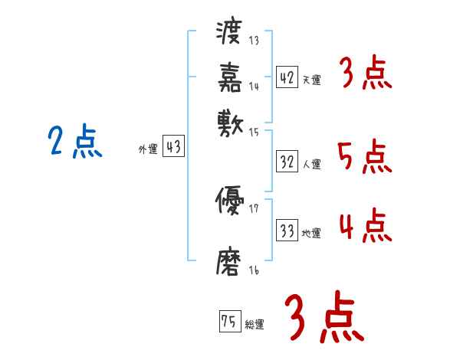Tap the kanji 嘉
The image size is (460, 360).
pyautogui.click(x=230, y=77)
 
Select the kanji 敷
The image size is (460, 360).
pyautogui.click(x=230, y=122)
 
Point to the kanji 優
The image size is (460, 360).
pyautogui.click(x=230, y=201)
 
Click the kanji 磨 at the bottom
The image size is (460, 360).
pyautogui.click(x=230, y=260)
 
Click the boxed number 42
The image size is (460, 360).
pyautogui.click(x=287, y=77)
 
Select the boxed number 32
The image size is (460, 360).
pyautogui.click(x=287, y=162)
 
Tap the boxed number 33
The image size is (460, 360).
pyautogui.click(x=287, y=231)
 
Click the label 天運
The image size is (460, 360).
pyautogui.click(x=311, y=80)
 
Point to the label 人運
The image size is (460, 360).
pyautogui.click(x=312, y=164)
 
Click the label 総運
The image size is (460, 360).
pyautogui.click(x=255, y=324)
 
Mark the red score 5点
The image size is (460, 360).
pyautogui.click(x=364, y=157)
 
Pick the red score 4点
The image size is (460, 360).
pyautogui.click(x=364, y=227)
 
